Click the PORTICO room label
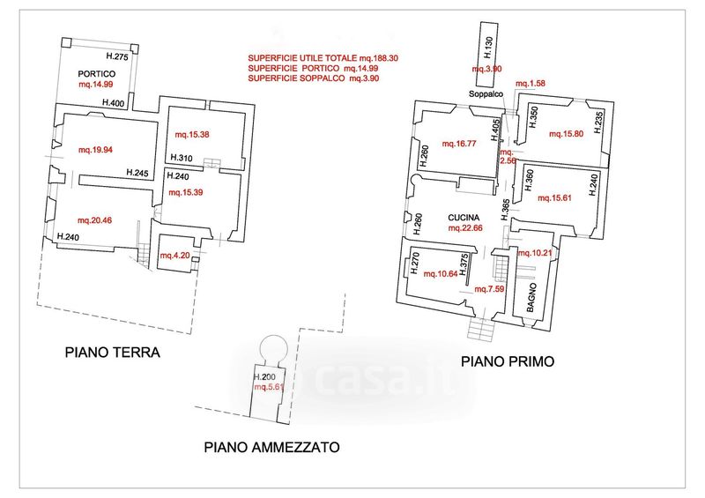click(x=97, y=74)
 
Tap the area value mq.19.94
click(x=95, y=150)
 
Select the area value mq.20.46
click(x=94, y=220)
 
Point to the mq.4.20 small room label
click(x=174, y=256)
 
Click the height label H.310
click(x=182, y=158)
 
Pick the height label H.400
click(x=114, y=103)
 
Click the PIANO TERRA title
click(x=113, y=352)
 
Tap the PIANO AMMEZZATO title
click(x=271, y=447)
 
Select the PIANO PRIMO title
click(x=508, y=360)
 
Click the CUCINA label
click(x=464, y=218)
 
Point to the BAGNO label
click(x=531, y=298)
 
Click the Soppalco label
click(x=486, y=94)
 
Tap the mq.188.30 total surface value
click(x=379, y=58)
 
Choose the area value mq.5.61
click(x=270, y=387)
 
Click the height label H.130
click(x=489, y=48)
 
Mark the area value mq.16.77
click(x=459, y=144)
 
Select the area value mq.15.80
click(x=567, y=134)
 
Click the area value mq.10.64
click(x=441, y=273)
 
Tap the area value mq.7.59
click(x=489, y=289)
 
